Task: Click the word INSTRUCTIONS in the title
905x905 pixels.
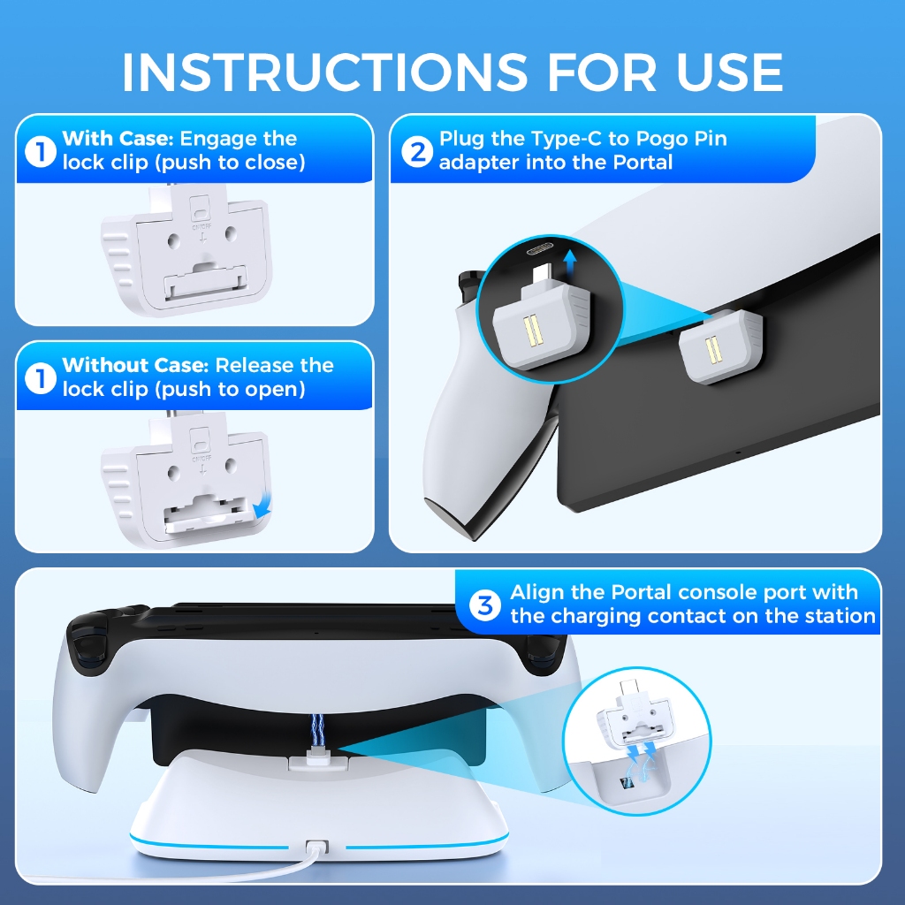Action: (324, 72)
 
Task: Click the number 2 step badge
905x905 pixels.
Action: (417, 152)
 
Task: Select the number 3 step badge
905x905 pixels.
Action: (485, 605)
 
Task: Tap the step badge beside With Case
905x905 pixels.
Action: (41, 152)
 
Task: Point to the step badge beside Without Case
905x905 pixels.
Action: (41, 379)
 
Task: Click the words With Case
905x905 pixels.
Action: (118, 139)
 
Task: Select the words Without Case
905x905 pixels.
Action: (135, 366)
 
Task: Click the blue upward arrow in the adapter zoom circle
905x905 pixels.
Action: (570, 263)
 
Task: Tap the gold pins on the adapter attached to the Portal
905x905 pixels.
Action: (713, 350)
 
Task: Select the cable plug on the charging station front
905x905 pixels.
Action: (316, 848)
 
